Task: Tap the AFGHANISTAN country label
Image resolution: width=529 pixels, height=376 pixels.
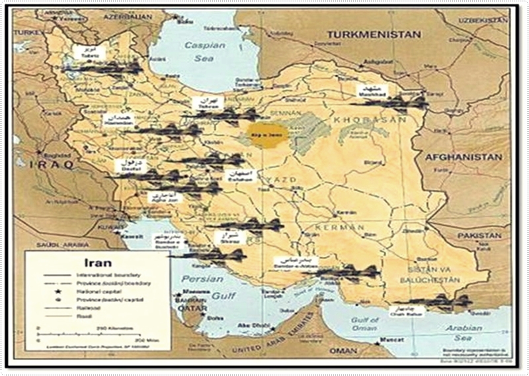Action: pos(463,157)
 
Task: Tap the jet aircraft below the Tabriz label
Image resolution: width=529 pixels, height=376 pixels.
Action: pos(106,67)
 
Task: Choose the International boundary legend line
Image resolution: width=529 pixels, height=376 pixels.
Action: pos(58,274)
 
